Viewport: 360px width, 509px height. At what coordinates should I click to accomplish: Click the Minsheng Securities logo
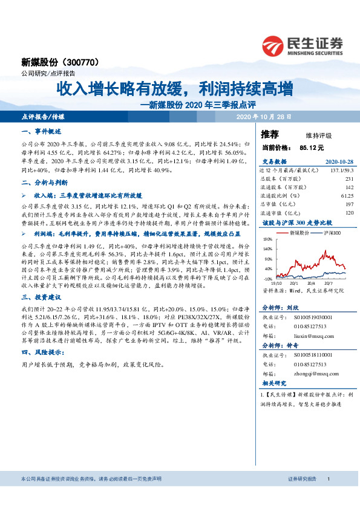click(x=302, y=44)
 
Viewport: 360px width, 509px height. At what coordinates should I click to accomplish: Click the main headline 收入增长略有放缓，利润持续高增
click(x=175, y=89)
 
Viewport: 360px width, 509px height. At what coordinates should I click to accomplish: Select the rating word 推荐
click(x=270, y=134)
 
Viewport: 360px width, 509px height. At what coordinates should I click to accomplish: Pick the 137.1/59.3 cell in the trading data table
click(x=339, y=171)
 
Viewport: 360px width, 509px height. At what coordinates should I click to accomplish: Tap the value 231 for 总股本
click(x=349, y=179)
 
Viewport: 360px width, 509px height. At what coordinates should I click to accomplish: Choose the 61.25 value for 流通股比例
click(x=346, y=196)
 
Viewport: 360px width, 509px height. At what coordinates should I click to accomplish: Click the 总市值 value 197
click(x=349, y=204)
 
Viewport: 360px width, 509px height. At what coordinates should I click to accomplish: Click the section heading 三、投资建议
click(x=39, y=297)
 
